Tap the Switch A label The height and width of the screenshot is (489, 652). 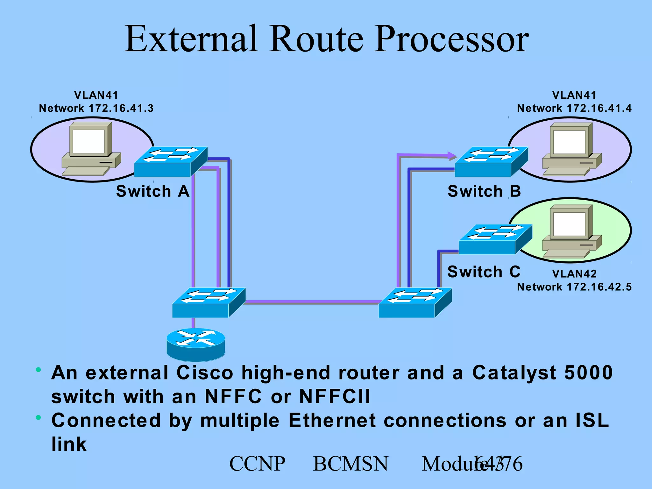tap(153, 191)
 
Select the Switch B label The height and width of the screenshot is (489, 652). tap(484, 191)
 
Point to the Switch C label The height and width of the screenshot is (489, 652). tap(484, 272)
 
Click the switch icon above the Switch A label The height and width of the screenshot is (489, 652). tap(171, 161)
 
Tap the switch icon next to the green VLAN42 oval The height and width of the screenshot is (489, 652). tap(495, 239)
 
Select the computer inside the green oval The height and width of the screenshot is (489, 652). tap(571, 231)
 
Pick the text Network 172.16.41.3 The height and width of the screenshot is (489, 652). tap(96, 109)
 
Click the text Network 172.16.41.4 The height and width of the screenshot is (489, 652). tap(574, 109)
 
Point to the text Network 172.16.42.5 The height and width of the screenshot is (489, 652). tap(574, 287)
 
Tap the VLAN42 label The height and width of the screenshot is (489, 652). tap(574, 274)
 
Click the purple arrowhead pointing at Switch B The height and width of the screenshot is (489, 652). tap(452, 156)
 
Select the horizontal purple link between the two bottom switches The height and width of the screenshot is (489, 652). tap(312, 301)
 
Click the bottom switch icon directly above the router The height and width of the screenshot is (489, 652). tap(209, 302)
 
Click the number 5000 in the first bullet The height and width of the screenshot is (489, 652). tap(588, 372)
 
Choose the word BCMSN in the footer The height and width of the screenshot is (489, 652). tap(351, 464)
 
